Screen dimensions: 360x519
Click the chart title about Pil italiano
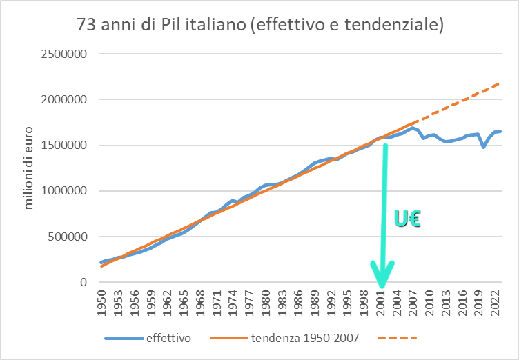(x=259, y=25)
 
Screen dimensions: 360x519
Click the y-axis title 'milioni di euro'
(x=29, y=169)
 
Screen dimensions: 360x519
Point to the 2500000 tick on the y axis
(x=67, y=54)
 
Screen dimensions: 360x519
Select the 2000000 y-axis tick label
(x=67, y=99)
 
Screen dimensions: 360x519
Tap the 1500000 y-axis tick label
(x=67, y=146)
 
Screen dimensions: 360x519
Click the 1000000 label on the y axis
(x=67, y=191)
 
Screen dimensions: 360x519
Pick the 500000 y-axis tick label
(x=70, y=237)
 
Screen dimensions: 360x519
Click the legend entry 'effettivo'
(x=168, y=338)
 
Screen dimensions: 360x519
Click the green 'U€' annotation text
(x=408, y=219)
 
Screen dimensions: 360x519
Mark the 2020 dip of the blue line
(x=484, y=147)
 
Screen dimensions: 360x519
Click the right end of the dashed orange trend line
(x=500, y=83)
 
